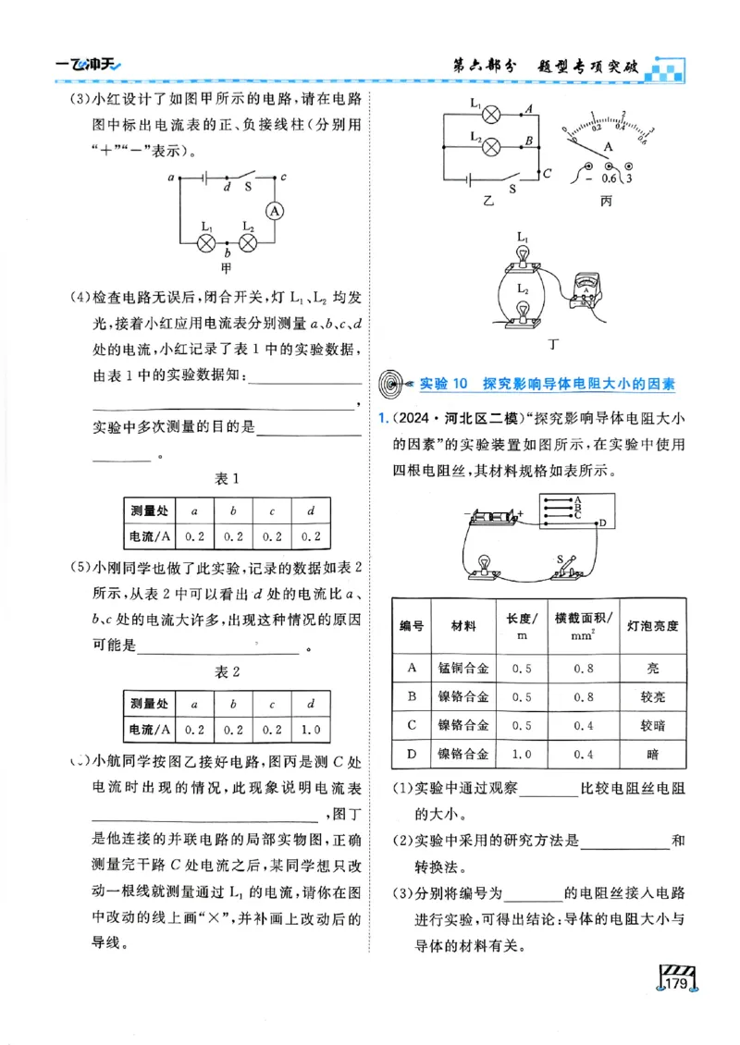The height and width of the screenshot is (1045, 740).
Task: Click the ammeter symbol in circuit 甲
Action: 274,211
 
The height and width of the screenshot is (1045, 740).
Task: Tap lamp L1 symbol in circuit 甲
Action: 207,242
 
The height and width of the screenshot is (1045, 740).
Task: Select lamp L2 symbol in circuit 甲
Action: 248,242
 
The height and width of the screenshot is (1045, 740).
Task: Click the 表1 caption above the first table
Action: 228,478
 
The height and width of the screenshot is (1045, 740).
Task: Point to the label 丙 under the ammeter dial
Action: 606,200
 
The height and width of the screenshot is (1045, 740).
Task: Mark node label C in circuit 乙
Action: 547,173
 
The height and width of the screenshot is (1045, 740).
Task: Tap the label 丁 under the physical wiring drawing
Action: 553,345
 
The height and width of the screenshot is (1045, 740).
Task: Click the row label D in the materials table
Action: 411,755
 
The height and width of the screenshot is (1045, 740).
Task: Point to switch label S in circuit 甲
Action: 248,187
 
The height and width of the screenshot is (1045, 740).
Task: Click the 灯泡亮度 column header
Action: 652,625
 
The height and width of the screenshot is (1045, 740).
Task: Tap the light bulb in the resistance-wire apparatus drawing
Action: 482,565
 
